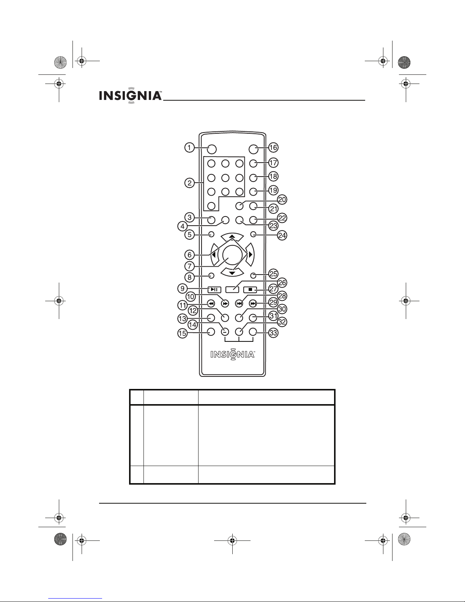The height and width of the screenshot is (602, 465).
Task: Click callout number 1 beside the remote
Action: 189,147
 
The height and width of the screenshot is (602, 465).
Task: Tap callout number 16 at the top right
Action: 273,147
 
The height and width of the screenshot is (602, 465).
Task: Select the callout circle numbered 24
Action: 282,235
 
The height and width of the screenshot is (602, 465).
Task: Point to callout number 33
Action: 273,333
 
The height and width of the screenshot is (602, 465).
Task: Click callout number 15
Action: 183,333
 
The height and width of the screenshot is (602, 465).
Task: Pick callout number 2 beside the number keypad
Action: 189,183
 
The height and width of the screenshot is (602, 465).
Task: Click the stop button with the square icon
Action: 251,290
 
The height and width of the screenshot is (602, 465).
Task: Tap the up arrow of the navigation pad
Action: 232,237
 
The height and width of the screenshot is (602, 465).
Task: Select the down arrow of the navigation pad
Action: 232,273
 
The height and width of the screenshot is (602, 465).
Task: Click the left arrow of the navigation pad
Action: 214,254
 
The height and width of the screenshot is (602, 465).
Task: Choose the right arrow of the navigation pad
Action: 250,254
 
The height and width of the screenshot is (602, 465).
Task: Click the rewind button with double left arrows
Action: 211,304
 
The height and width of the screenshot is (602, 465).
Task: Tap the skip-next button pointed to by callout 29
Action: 253,304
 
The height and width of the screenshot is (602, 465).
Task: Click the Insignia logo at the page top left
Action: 130,96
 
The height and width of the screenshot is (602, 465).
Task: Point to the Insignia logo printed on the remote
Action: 232,355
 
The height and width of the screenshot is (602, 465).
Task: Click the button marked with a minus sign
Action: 225,331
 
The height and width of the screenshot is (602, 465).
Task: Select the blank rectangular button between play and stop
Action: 232,290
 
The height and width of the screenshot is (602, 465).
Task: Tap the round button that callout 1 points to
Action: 211,149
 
